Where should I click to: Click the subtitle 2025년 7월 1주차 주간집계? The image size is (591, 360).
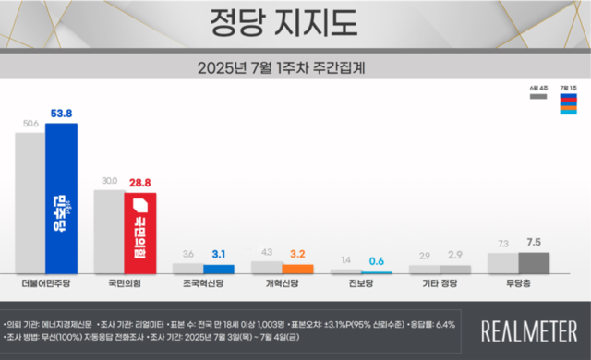[295, 67]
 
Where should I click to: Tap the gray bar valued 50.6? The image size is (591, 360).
[30, 203]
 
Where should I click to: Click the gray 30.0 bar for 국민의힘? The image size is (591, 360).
[110, 231]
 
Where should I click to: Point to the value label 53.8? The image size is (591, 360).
[62, 114]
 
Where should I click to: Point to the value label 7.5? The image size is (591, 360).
[534, 242]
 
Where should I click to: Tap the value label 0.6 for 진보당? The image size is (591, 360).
[377, 261]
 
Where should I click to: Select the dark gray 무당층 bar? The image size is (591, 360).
[534, 263]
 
